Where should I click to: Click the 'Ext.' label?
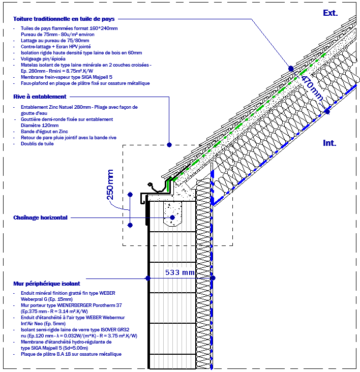pos(330,13)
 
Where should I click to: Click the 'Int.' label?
pos(329,143)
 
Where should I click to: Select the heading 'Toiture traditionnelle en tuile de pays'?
pos(64,19)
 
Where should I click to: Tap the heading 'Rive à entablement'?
pos(40,97)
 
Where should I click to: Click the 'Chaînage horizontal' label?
pos(40,218)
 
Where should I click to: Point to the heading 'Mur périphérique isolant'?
pos(49,283)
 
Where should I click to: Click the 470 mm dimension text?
pos(312,88)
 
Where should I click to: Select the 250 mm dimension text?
pos(110,186)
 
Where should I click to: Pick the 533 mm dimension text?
pos(180,273)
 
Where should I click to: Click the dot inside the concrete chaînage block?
pos(172,217)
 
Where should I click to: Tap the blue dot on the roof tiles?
pos(290,68)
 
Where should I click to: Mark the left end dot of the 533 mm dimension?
pos(147,278)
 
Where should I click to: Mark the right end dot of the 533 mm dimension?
pos(213,278)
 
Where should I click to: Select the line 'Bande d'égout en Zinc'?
pos(44,132)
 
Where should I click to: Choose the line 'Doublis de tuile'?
pos(37,144)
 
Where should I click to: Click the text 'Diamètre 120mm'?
pos(40,125)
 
